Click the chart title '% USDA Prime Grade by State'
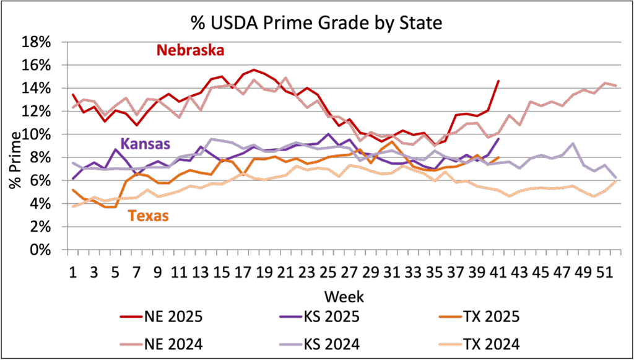coord(317,24)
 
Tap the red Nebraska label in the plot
coord(189,50)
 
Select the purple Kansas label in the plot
coord(145,144)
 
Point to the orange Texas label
coord(149,216)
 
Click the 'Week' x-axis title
coord(343,295)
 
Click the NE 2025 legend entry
coord(162,317)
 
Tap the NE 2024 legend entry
coord(162,343)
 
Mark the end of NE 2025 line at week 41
coord(498,81)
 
